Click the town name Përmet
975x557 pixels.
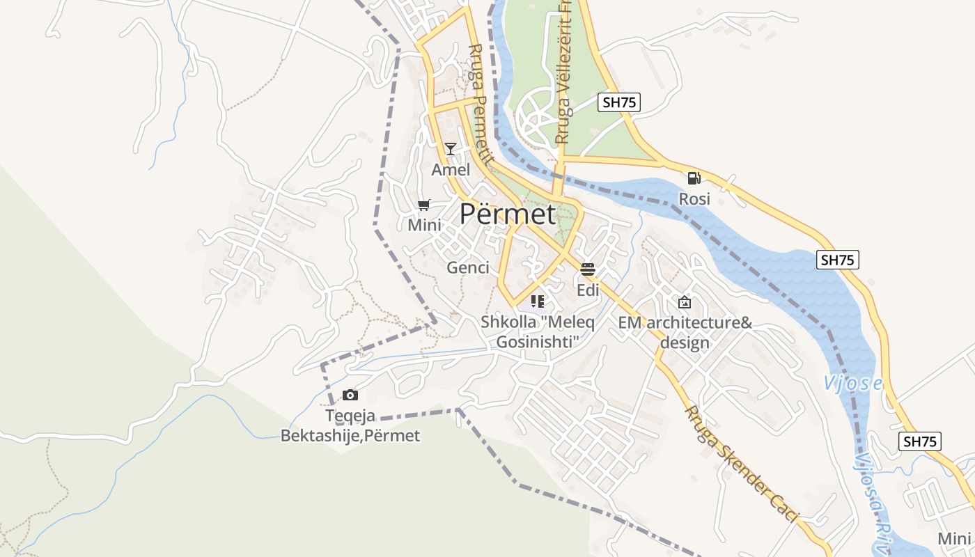(x=507, y=214)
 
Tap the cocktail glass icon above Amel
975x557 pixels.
(x=451, y=149)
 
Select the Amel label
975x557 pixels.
(x=451, y=170)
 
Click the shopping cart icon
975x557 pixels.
(x=424, y=205)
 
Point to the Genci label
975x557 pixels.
(x=468, y=267)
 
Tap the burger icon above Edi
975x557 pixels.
(x=588, y=269)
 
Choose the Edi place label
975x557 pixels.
(x=588, y=290)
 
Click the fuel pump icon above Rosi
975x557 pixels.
(x=694, y=178)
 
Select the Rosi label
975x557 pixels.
(x=694, y=199)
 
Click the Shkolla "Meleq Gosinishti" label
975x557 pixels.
(x=537, y=332)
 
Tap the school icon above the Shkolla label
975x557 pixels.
(x=537, y=301)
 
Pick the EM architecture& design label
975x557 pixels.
(x=685, y=333)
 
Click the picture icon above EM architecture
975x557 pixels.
(x=685, y=302)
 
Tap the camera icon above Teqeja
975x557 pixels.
(x=350, y=395)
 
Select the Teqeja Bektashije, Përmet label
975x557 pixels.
(x=350, y=426)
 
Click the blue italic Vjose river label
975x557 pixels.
(x=852, y=383)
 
